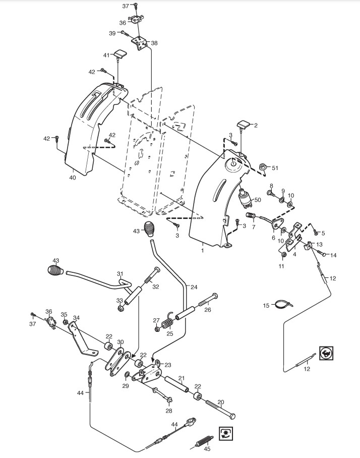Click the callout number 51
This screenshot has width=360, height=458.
275,167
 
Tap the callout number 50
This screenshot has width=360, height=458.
257,200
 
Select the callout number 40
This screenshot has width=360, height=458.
72,178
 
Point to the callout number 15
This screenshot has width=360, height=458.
266,305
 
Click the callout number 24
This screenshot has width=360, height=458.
194,287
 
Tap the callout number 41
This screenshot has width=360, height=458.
106,55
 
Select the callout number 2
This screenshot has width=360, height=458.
255,126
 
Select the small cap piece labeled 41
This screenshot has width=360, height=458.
120,53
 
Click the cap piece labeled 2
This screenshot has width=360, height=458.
243,124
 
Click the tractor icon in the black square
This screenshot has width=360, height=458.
326,354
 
